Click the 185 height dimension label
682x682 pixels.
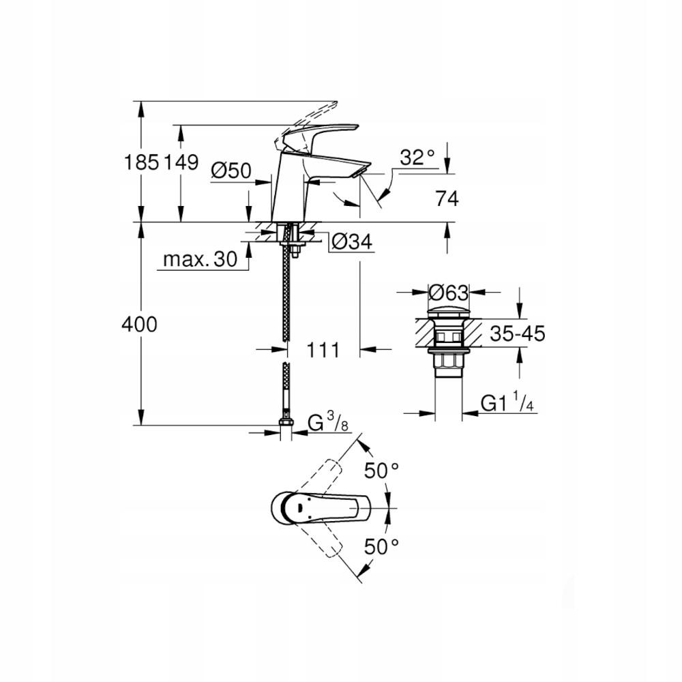click(x=141, y=162)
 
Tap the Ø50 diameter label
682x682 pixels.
click(x=231, y=170)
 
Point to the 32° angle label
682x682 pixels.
click(x=417, y=159)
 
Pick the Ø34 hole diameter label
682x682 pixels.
click(x=351, y=241)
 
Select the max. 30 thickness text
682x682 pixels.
click(x=199, y=259)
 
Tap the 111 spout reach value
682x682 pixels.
click(x=323, y=351)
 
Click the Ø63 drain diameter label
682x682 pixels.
click(x=449, y=293)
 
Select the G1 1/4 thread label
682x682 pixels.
click(x=507, y=404)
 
